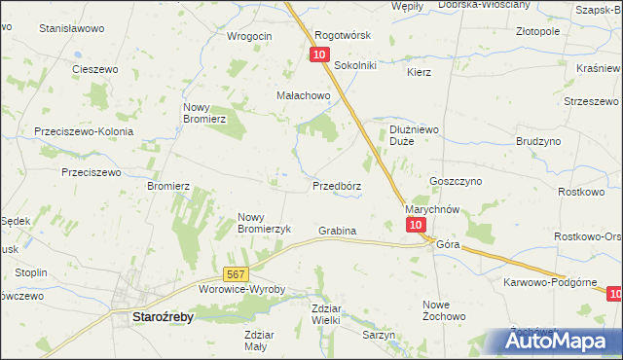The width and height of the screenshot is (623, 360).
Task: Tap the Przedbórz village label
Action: click(x=337, y=185)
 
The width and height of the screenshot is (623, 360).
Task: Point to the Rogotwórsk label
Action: click(x=344, y=35)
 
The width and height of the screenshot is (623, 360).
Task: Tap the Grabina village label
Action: click(x=337, y=231)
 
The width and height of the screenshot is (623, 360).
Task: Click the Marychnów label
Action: click(x=431, y=209)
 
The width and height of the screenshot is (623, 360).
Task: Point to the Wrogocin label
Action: click(x=249, y=36)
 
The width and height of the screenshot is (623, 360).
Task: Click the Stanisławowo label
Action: click(x=71, y=29)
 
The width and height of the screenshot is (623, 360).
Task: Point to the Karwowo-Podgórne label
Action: click(x=549, y=281)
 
